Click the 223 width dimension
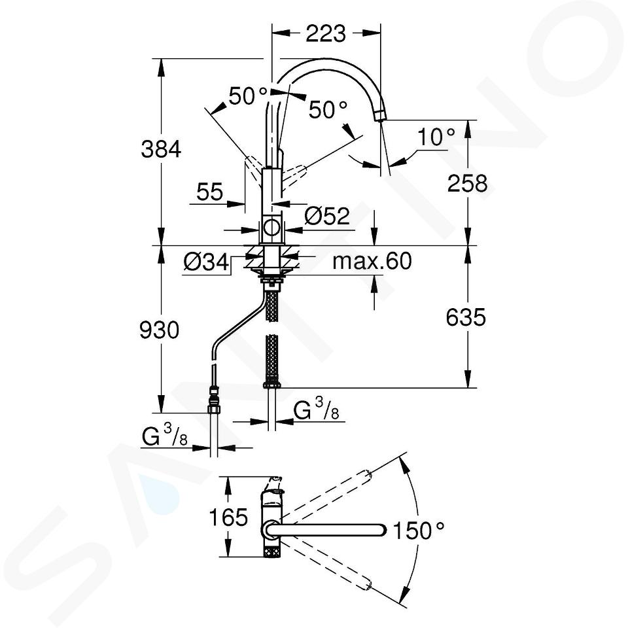tap(326, 34)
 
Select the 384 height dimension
tap(161, 150)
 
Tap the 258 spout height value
tap(467, 184)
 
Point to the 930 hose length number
tap(160, 331)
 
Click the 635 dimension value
tap(466, 317)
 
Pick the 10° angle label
tap(436, 137)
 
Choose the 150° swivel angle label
tap(419, 531)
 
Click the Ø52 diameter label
tap(327, 216)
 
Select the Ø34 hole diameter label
tap(206, 262)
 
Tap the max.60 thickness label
tap(372, 261)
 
